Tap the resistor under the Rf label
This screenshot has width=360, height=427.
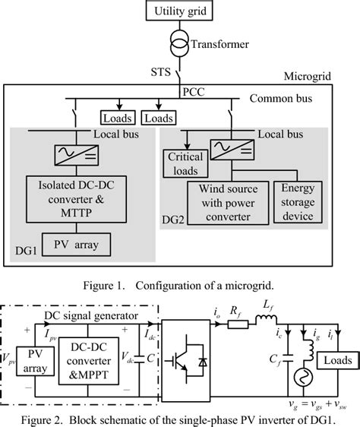click(236, 327)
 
